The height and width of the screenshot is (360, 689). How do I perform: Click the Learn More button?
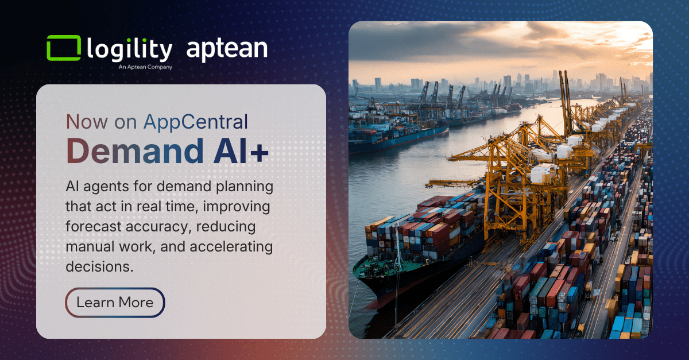tap(115, 303)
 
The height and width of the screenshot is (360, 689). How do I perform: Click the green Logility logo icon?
tap(63, 48)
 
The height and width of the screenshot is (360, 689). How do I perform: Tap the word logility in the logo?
tap(129, 50)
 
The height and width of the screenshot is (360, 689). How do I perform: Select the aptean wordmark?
tap(227, 49)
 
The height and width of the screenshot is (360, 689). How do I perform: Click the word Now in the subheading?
tap(84, 122)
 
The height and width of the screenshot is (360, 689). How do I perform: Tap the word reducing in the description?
tap(227, 227)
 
